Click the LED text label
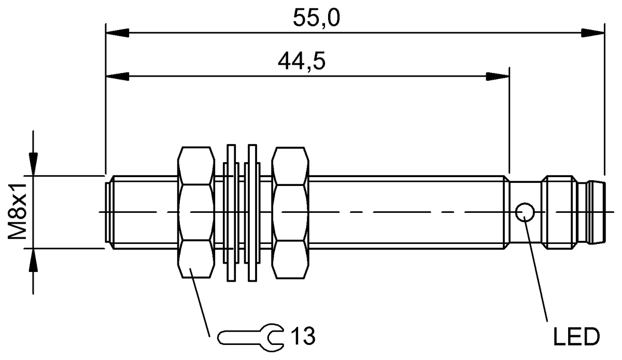pyautogui.click(x=576, y=337)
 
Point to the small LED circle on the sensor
pyautogui.click(x=525, y=211)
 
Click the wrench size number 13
pyautogui.click(x=303, y=337)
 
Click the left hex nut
pyautogui.click(x=196, y=212)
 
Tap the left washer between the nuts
pyautogui.click(x=231, y=212)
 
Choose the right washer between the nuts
pyautogui.click(x=252, y=212)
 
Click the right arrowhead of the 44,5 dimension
pyautogui.click(x=498, y=77)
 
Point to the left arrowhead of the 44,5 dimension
pyautogui.click(x=117, y=77)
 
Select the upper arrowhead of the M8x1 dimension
pyautogui.click(x=34, y=164)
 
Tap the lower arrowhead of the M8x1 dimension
pyautogui.click(x=34, y=260)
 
